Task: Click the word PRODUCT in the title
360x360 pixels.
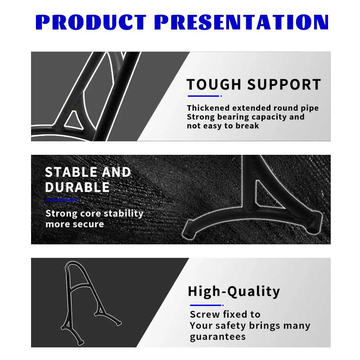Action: pyautogui.click(x=91, y=22)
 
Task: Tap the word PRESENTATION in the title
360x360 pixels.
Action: pyautogui.click(x=241, y=22)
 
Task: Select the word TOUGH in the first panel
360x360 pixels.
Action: pyautogui.click(x=214, y=84)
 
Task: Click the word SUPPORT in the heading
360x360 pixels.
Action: pyautogui.click(x=284, y=84)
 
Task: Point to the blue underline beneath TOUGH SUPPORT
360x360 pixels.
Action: pyautogui.click(x=205, y=96)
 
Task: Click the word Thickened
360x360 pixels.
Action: pyautogui.click(x=208, y=108)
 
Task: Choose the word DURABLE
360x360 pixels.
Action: pyautogui.click(x=77, y=187)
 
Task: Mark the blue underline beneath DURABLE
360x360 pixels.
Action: pyautogui.click(x=63, y=200)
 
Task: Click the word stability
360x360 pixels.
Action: pyautogui.click(x=123, y=213)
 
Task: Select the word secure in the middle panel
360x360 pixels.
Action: pyautogui.click(x=90, y=224)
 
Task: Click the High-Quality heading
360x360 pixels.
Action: pyautogui.click(x=234, y=292)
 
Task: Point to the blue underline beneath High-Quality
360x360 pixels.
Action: pyautogui.click(x=207, y=305)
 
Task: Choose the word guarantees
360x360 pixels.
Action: pyautogui.click(x=218, y=337)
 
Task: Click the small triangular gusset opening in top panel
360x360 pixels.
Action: pyautogui.click(x=73, y=121)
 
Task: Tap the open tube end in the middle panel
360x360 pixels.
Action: pyautogui.click(x=311, y=229)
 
